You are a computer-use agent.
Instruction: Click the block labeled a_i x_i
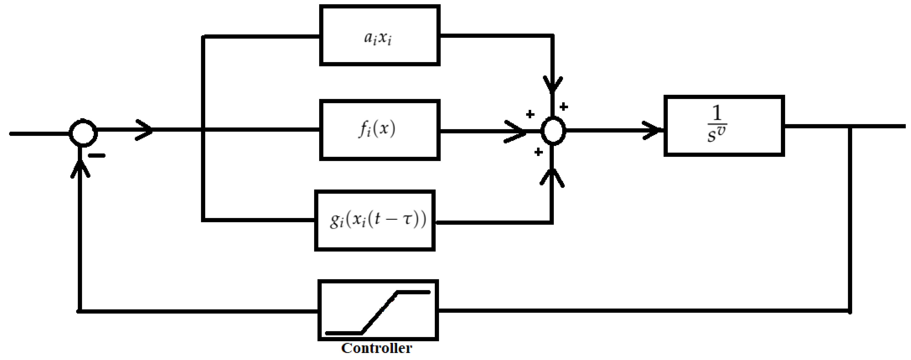tap(380, 35)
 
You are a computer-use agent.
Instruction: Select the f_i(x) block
tap(380, 130)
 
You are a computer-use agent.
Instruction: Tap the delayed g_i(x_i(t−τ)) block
tap(375, 221)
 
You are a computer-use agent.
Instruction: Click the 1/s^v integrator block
tap(724, 126)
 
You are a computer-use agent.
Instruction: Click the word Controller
tap(377, 348)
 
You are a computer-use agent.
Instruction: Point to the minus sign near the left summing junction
tap(97, 156)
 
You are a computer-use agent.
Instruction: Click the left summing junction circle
tap(83, 133)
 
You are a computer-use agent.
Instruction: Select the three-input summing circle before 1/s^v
tap(554, 130)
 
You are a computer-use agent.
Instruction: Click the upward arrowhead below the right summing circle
tap(552, 177)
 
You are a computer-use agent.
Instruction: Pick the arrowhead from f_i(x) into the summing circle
tap(516, 132)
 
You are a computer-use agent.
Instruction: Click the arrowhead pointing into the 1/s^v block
tap(652, 130)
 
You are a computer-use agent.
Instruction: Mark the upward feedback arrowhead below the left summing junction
tap(80, 169)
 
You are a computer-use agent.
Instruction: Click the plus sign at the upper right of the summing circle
tap(564, 106)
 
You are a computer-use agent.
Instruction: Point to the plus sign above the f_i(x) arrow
tap(530, 114)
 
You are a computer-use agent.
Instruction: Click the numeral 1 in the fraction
tap(717, 113)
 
